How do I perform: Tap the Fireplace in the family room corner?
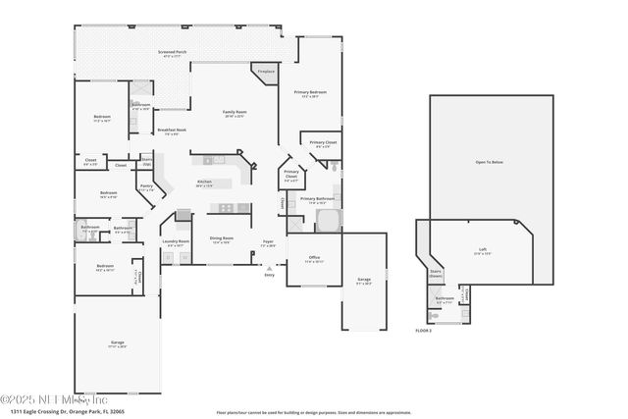coord(266,73)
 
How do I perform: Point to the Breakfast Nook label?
coord(172,131)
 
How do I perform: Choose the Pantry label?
coord(146,187)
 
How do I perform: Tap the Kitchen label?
coord(204,183)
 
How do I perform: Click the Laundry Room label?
coord(176,242)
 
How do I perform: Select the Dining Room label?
coord(221,239)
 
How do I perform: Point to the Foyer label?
coord(268,242)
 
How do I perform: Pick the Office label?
coord(313,259)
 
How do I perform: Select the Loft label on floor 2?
coord(482,250)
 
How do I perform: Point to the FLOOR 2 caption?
coord(423,332)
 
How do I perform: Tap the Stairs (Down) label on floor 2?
coord(437,274)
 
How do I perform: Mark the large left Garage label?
coord(117,343)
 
